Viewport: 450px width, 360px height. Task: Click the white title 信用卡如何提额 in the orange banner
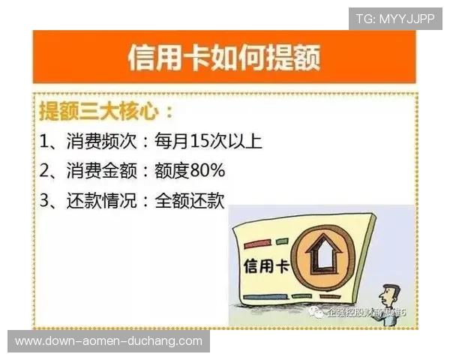pyautogui.click(x=224, y=57)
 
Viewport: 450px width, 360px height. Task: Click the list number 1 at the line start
pyautogui.click(x=45, y=142)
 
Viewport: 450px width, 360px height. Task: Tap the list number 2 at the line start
pyautogui.click(x=45, y=170)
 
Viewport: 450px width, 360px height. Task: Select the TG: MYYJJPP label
pyautogui.click(x=394, y=18)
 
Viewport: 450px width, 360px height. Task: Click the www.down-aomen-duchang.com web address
pyautogui.click(x=108, y=341)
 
